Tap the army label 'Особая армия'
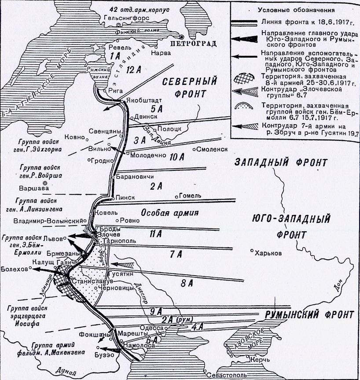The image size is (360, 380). pyautogui.click(x=169, y=213)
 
